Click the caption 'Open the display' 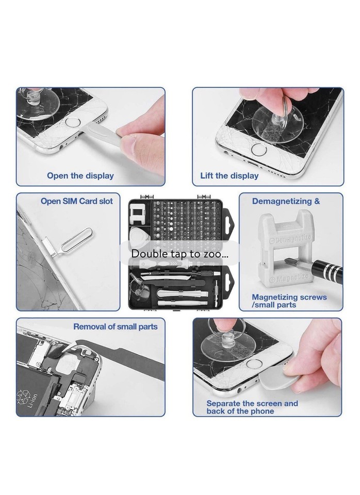(x=80, y=176)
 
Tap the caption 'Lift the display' (x=229, y=176)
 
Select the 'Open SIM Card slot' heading (x=76, y=201)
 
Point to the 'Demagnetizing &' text (x=286, y=201)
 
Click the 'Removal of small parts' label (x=115, y=326)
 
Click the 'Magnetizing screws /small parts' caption (x=289, y=301)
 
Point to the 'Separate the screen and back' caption (x=252, y=407)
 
